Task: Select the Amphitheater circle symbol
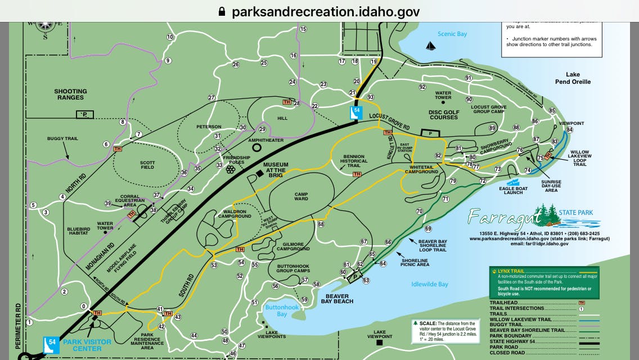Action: point(257,147)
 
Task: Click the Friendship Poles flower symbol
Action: point(230,169)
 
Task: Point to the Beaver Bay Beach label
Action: point(336,298)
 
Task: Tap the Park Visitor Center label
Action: point(87,344)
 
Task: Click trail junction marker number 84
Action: point(569,130)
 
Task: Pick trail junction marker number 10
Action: point(170,37)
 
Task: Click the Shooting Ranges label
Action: point(70,94)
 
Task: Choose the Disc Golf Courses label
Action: point(444,115)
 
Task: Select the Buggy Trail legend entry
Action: point(506,325)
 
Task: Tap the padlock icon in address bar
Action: point(222,11)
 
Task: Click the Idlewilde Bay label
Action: point(430,284)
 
